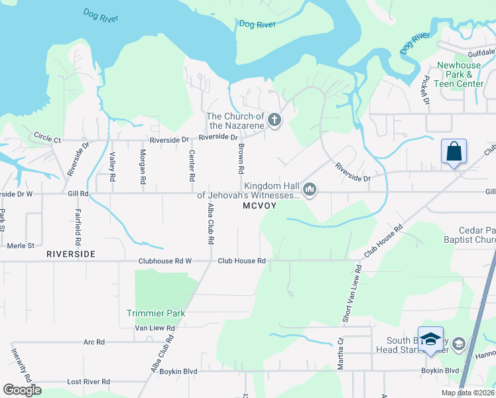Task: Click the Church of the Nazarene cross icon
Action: (x=275, y=121)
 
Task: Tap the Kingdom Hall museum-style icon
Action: (x=309, y=190)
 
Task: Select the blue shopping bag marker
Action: (x=454, y=151)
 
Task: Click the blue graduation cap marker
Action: (x=430, y=339)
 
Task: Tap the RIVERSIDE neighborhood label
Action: (x=71, y=254)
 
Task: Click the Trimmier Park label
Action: (x=156, y=313)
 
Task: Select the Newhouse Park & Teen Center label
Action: (x=459, y=75)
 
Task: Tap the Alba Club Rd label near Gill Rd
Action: (x=211, y=222)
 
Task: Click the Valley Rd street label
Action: (x=113, y=167)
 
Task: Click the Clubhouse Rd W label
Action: (x=164, y=261)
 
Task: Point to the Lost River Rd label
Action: (x=88, y=382)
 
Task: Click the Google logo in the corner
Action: (x=22, y=390)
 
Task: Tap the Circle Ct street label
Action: (x=47, y=140)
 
